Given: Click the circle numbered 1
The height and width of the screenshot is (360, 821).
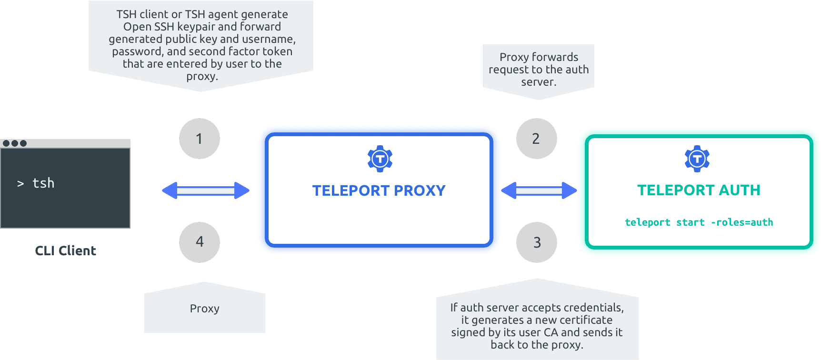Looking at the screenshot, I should (200, 139).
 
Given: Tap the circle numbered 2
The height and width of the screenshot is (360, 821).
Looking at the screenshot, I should (536, 139).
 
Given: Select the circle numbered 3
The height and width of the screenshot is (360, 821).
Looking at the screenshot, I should (537, 242).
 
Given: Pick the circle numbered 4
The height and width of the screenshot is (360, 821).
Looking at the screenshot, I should (200, 242).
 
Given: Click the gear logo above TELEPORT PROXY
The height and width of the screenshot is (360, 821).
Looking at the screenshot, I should (380, 159).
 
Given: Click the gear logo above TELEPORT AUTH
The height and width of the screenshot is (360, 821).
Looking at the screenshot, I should (697, 159).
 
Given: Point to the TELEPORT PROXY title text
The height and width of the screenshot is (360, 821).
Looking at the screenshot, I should (379, 190).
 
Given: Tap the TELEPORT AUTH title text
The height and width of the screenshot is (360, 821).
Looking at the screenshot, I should (699, 190).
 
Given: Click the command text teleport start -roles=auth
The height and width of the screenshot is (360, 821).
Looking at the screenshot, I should (699, 222).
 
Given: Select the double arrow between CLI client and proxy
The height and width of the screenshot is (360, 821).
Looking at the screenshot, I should (206, 190).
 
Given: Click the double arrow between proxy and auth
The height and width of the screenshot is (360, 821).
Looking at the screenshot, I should (539, 190).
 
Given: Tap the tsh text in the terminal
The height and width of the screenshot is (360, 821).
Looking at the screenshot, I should (43, 183).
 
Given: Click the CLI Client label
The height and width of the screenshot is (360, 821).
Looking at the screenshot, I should (66, 250).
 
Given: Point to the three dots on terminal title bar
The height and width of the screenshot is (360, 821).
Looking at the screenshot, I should (14, 143).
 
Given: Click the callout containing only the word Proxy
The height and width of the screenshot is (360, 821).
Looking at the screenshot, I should (205, 309).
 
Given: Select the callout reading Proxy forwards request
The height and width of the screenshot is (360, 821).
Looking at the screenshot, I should (539, 70).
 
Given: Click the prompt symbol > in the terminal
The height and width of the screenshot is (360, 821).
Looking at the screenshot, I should (20, 183).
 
